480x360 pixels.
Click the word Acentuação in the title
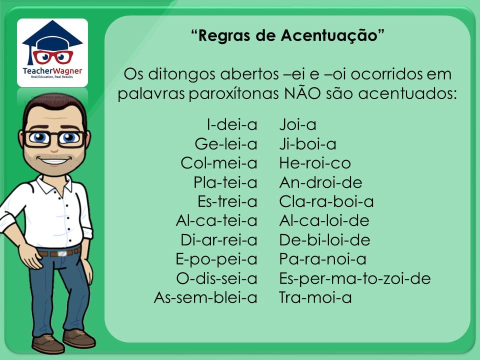[329, 36]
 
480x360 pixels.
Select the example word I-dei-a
[232, 124]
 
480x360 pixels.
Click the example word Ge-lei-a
[226, 144]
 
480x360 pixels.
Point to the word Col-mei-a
[219, 163]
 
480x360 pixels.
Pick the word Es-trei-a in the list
[227, 201]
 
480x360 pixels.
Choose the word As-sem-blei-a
[205, 297]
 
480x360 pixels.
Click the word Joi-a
[297, 124]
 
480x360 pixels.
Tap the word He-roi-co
[315, 163]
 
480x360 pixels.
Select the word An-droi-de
[321, 182]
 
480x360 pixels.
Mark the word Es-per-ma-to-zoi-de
[355, 279]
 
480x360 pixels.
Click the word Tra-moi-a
[315, 297]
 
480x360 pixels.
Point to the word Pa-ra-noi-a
[322, 259]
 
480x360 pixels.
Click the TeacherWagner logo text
[52, 71]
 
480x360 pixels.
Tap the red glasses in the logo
[52, 57]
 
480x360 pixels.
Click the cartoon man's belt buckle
[62, 253]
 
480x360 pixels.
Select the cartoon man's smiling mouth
[54, 160]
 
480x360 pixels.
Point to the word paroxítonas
[233, 93]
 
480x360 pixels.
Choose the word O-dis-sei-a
[216, 278]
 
